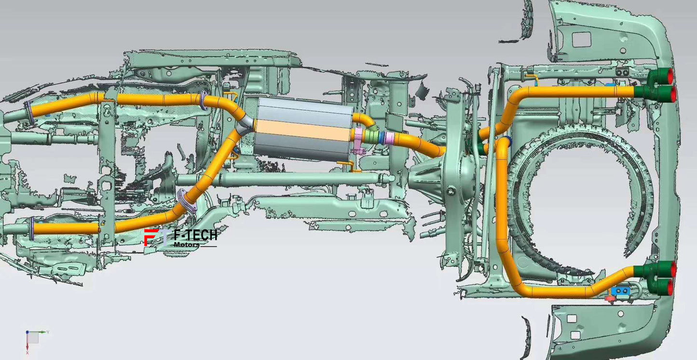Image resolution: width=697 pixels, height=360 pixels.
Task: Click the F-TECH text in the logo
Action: (x=195, y=235)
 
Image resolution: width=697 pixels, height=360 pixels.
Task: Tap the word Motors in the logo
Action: (x=186, y=245)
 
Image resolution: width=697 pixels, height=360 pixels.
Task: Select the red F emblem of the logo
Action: (x=151, y=237)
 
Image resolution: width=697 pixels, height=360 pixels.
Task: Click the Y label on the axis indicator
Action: (x=48, y=332)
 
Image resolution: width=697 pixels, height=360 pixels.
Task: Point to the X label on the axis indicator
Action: (x=27, y=353)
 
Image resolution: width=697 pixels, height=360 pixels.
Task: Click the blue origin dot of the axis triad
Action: (x=27, y=332)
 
